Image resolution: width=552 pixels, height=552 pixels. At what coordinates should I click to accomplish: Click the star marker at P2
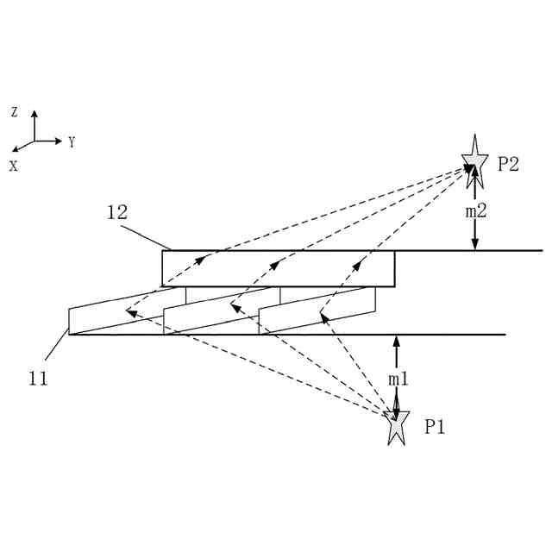pos(474,162)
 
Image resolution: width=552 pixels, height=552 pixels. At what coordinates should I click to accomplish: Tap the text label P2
pos(508,164)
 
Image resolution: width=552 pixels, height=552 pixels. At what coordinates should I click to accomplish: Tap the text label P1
pos(435,426)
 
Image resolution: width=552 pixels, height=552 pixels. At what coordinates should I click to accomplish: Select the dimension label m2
pos(475,211)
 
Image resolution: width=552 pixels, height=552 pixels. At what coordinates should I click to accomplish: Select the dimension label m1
pos(398,379)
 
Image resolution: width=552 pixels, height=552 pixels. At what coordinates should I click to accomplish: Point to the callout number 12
pos(117,211)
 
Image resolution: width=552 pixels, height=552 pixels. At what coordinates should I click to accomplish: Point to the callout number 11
pos(37,378)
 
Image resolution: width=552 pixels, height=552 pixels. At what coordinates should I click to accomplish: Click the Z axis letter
pos(15,112)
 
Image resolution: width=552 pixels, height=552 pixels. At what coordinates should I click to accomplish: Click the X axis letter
pos(14,166)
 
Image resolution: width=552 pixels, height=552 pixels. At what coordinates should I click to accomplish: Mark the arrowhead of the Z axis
pos(34,114)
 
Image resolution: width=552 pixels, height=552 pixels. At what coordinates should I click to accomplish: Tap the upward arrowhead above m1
pos(397,340)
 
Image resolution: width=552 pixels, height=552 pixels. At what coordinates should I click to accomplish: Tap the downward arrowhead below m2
pos(474,244)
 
